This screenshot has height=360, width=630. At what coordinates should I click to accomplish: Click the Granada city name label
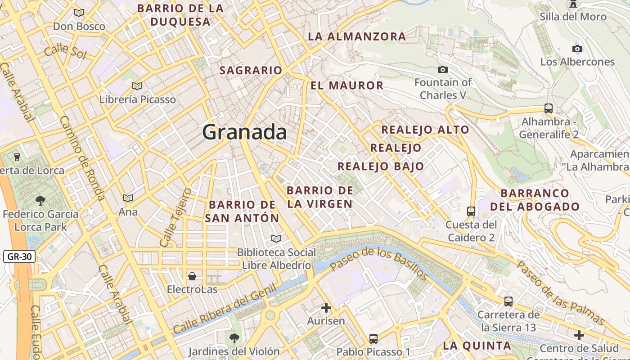coord(244,132)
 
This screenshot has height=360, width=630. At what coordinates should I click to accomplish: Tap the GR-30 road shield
coord(20,257)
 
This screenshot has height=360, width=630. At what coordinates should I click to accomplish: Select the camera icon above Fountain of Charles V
coord(443,69)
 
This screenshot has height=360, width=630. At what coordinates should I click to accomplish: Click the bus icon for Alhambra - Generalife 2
coord(548,108)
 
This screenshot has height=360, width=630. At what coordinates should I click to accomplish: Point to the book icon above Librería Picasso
coord(137,86)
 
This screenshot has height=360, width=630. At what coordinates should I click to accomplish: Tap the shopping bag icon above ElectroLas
coord(192,276)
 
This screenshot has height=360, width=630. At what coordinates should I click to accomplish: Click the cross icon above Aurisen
coord(326,308)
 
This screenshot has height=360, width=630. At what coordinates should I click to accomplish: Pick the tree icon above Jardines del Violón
coord(234,338)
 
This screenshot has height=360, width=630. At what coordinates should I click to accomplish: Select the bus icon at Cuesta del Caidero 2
coord(471,211)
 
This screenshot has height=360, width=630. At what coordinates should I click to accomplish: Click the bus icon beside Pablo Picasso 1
coord(373,338)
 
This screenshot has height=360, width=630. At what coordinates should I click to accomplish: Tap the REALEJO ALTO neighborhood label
coord(425,130)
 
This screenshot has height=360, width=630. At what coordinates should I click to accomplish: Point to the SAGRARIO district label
coord(251,70)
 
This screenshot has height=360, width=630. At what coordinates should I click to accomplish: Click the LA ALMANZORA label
coord(357,37)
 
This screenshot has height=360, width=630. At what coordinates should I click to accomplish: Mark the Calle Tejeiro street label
coord(175,217)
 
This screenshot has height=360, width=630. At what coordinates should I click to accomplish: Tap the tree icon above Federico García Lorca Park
coord(40,200)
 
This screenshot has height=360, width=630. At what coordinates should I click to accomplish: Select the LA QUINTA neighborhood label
coord(477,346)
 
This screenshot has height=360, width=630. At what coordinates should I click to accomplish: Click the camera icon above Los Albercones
coord(577,49)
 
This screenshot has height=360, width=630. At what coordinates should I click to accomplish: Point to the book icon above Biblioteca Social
coord(276,238)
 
